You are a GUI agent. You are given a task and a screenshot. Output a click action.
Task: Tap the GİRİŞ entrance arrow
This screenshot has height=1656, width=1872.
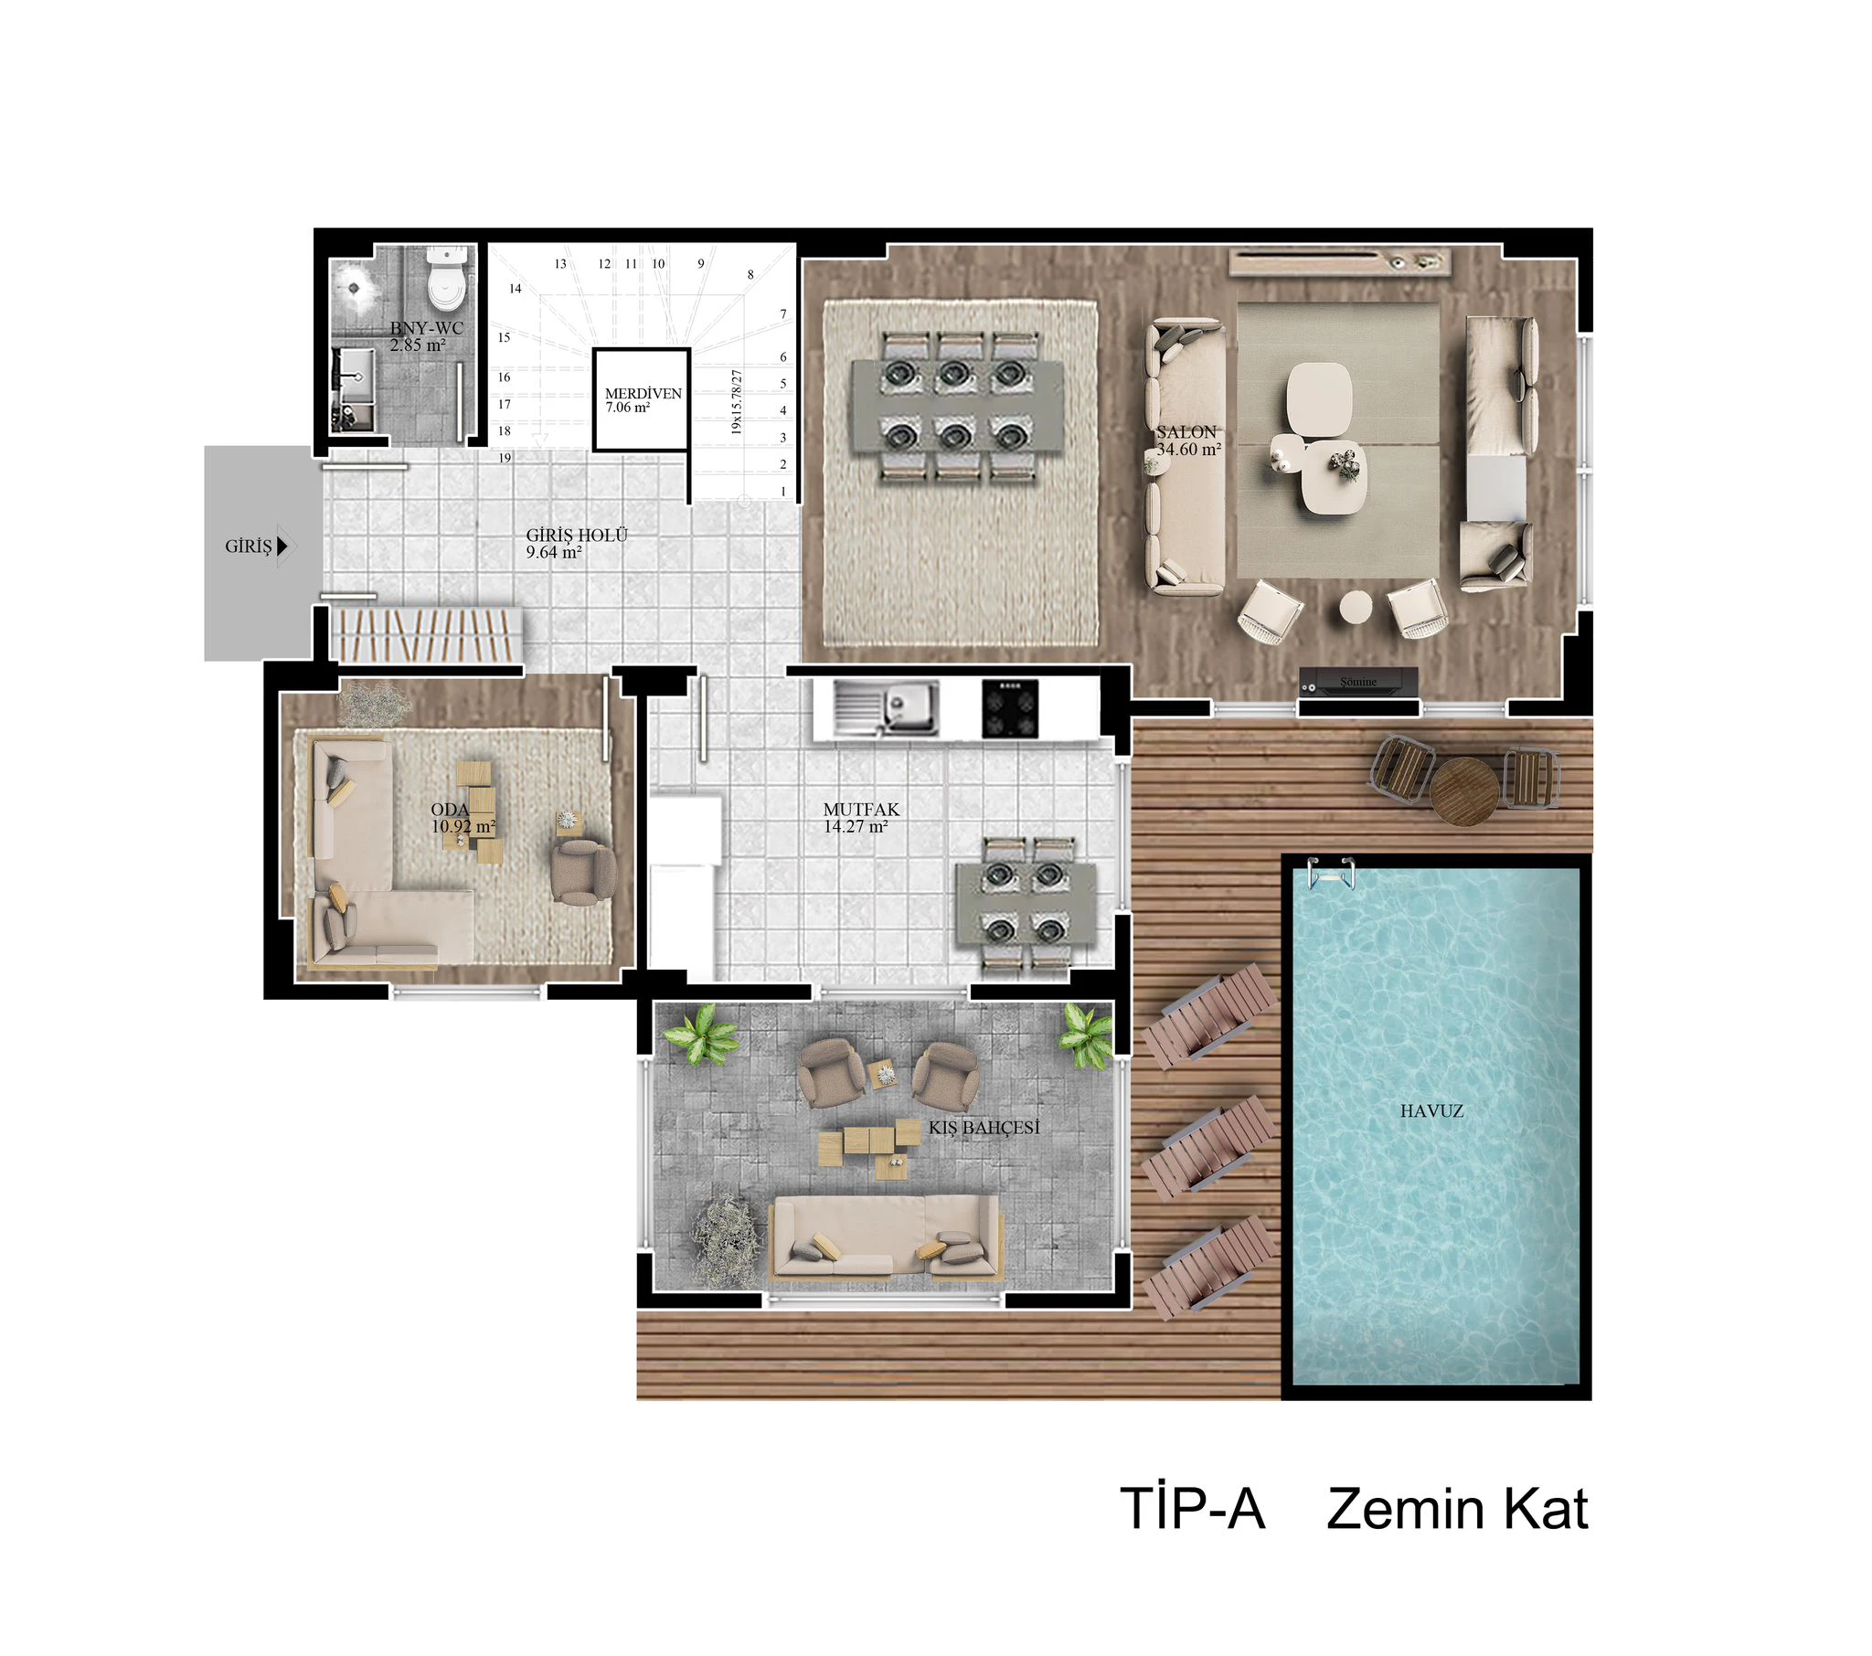pos(282,547)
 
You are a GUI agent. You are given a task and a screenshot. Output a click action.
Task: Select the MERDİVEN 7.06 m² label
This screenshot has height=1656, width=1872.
pos(643,400)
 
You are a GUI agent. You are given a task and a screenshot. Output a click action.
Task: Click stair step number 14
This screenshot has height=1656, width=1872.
pos(516,289)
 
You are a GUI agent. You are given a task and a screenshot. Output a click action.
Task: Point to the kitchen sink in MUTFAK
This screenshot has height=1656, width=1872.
pos(886,708)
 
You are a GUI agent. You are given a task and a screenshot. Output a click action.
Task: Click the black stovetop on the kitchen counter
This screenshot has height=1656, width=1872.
pos(1010,708)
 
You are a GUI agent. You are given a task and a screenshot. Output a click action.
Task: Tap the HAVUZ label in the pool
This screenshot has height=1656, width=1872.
pos(1431,1111)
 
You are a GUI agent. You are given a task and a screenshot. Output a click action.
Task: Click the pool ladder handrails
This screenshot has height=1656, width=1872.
pos(1331,873)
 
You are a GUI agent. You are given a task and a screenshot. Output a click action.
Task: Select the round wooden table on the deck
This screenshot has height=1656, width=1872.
pos(1464,791)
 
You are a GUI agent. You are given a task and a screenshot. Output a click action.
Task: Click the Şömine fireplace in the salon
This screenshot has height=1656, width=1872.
pos(1359,682)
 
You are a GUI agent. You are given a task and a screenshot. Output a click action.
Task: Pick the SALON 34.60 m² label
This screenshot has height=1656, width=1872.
pos(1188,441)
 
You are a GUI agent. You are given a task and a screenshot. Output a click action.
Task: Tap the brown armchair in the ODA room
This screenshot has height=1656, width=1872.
pos(582,873)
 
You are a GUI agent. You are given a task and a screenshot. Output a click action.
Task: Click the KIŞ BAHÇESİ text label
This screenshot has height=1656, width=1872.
pos(984,1128)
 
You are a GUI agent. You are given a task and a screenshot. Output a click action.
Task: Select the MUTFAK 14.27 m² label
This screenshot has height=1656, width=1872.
pos(861,818)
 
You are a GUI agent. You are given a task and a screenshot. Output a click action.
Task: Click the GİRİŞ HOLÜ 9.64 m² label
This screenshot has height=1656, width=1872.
pos(576,543)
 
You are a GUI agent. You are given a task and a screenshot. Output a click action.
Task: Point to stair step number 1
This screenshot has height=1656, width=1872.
pos(783,492)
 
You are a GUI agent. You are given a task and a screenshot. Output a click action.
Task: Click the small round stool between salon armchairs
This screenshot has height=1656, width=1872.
pos(1356,606)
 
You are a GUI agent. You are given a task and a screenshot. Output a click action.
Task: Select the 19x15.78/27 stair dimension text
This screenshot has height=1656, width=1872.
pos(737,401)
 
